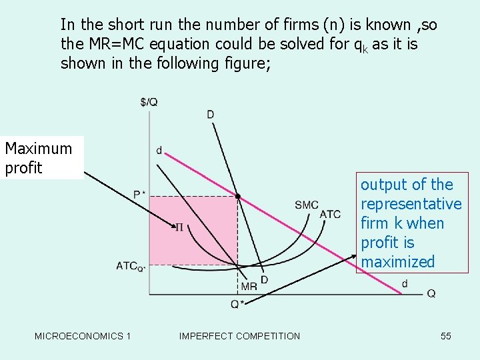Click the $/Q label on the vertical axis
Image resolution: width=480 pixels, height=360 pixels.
coord(149,102)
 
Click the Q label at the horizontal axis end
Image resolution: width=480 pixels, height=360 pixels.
coord(431,293)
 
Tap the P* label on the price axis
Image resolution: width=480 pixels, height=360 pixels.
coord(140,195)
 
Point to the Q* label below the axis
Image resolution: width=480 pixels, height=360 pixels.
coord(237,305)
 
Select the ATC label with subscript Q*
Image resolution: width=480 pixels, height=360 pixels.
coord(131,265)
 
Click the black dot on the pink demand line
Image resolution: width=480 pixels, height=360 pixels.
coord(237,197)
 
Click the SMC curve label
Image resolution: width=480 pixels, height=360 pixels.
coord(307,205)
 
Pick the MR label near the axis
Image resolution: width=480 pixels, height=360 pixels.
coord(249,287)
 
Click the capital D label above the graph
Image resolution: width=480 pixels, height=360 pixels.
coord(211,115)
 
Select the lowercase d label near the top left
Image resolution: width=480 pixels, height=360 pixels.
coord(159,151)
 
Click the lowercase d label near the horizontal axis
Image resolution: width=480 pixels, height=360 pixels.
coord(405,283)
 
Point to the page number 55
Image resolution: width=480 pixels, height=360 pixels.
coord(446,336)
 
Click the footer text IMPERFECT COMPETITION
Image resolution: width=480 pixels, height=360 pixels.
coord(239,336)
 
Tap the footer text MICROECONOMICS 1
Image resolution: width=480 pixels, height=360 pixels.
coord(83,336)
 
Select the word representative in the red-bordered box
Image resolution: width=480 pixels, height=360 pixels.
coord(411,204)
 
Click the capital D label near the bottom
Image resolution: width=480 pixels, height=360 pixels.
coord(264,279)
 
